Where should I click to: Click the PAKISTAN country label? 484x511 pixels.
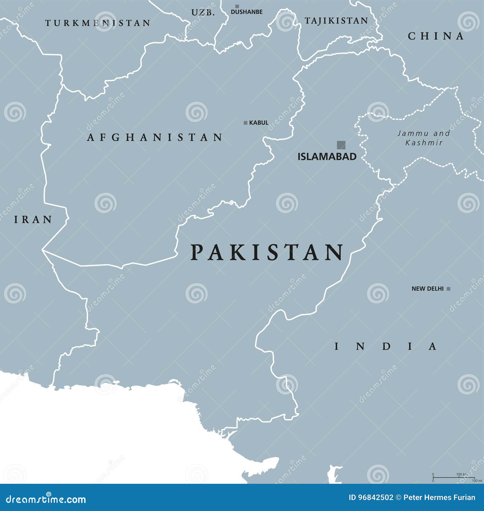(267, 252)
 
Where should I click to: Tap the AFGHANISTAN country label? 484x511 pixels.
(155, 138)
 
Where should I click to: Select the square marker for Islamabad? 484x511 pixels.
(341, 145)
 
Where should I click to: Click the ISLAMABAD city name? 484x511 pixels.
(327, 157)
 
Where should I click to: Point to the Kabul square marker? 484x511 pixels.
(246, 123)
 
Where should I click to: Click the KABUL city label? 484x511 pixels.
(259, 123)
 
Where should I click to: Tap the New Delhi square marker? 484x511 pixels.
(449, 289)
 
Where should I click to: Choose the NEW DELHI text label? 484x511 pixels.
(427, 289)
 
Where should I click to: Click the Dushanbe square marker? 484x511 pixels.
(237, 6)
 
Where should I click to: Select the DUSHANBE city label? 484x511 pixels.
(247, 12)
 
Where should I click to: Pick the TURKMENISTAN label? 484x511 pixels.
(98, 23)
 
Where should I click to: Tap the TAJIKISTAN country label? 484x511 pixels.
(336, 21)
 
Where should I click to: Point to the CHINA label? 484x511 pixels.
(436, 36)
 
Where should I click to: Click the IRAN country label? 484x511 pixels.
(33, 220)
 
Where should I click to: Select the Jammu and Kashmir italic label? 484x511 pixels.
(423, 138)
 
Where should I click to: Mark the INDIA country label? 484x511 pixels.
(385, 346)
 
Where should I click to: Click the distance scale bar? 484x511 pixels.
(453, 477)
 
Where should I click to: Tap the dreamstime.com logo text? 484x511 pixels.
(46, 500)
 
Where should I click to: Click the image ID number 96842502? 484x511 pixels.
(376, 498)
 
